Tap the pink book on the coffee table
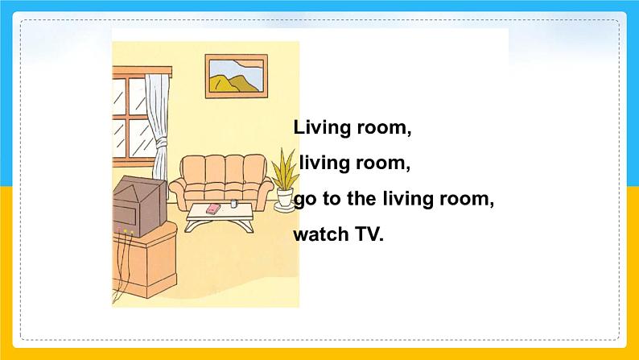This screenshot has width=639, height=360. coord(213,209)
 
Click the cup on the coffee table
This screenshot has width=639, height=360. coord(233,203)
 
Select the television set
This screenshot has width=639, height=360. coord(140,206)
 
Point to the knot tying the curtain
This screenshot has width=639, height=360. coord(162,143)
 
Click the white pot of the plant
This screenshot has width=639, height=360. coord(285,198)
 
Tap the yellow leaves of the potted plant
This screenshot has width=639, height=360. coord(285,169)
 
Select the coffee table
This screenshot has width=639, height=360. coord(220,217)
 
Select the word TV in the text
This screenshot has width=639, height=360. coord(369,234)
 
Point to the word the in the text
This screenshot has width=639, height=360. coord(361,199)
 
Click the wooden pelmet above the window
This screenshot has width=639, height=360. coord(142,72)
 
